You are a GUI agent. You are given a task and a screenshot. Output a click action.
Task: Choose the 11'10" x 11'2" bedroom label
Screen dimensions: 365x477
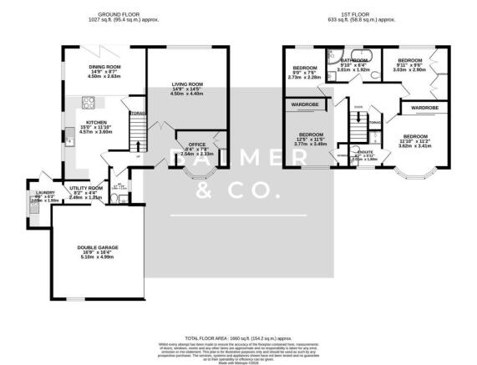(x=415, y=140)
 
